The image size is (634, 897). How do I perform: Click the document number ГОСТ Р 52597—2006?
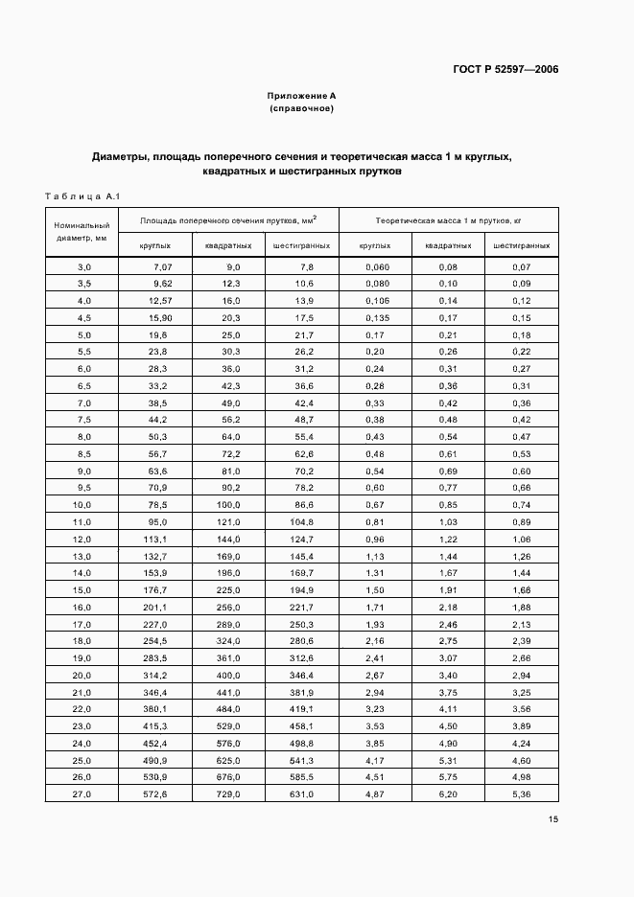tap(505, 70)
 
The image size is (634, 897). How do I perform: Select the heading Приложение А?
tap(301, 96)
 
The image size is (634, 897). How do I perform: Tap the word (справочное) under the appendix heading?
tap(301, 108)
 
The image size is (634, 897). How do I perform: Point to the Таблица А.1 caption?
tap(81, 196)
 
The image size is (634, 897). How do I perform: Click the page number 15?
tap(553, 818)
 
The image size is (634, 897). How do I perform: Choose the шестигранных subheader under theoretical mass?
tap(522, 245)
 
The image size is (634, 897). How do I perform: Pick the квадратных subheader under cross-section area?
tap(228, 245)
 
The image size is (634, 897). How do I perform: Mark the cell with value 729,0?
tap(227, 794)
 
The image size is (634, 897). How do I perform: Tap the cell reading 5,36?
tap(522, 794)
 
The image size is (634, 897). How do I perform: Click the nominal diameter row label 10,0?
tap(83, 504)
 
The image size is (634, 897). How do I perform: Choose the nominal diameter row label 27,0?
tap(83, 794)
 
